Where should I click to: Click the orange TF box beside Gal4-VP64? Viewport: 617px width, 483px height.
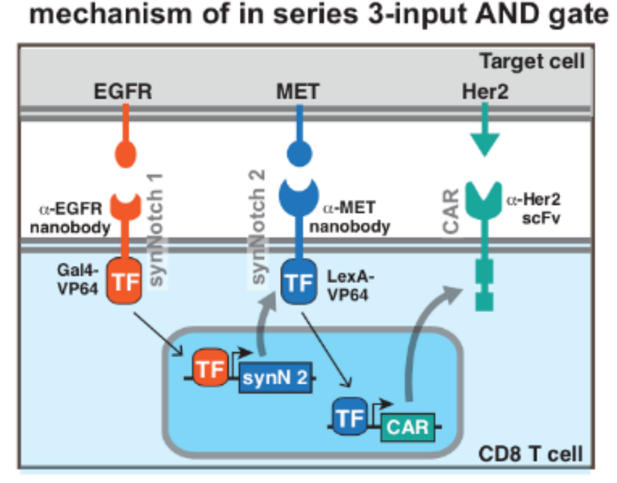(x=123, y=282)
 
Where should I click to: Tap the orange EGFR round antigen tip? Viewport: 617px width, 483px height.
(x=123, y=152)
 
